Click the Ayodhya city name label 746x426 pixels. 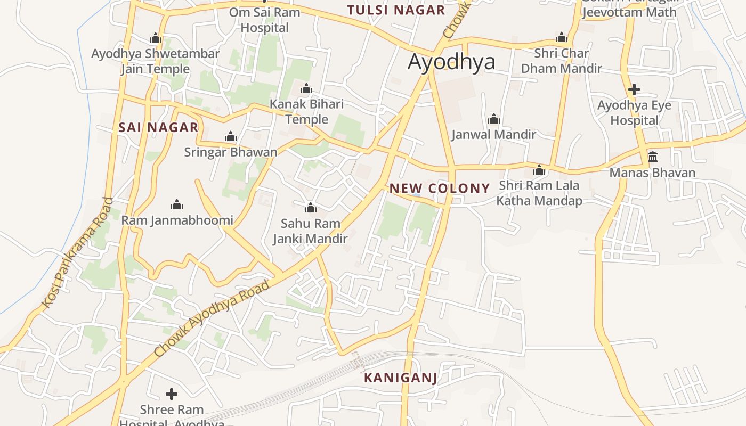point(451,62)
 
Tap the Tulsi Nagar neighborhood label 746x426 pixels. point(396,10)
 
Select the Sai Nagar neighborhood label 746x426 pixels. point(158,127)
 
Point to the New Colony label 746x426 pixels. point(440,188)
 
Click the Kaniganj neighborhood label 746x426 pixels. point(401,378)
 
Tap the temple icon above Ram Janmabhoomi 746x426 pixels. point(177,204)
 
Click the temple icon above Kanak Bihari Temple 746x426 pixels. point(306,88)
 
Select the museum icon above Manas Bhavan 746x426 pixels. point(652,157)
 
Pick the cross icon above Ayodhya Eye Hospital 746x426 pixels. point(634,89)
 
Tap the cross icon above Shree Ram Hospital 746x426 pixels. point(172,394)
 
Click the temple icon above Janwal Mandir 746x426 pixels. point(493,118)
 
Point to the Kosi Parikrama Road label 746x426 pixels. point(78,253)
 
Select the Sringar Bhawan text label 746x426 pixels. point(231,152)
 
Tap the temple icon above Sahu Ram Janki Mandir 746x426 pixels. point(310,207)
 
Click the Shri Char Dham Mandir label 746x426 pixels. point(562,61)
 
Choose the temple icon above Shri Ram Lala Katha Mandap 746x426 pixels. point(539,170)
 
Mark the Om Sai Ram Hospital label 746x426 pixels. point(265,20)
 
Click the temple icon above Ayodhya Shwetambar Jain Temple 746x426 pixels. point(156,38)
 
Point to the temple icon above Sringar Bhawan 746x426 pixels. point(231,137)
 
